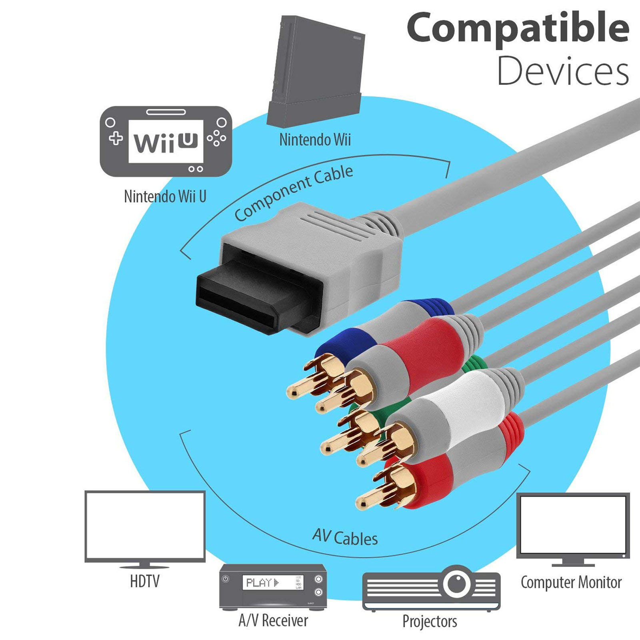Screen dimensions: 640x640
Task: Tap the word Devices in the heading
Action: tap(563, 71)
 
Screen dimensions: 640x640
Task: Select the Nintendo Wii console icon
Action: tap(316, 72)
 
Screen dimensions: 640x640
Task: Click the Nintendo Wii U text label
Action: tap(165, 196)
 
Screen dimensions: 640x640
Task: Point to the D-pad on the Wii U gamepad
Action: tap(116, 138)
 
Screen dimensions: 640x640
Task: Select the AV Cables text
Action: tap(345, 537)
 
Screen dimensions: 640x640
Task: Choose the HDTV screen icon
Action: tap(145, 526)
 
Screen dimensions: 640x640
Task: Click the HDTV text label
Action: tap(145, 581)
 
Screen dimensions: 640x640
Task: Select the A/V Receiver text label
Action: tap(273, 620)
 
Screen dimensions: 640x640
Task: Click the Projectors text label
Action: tap(430, 621)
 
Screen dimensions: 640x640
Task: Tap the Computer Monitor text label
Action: tap(571, 582)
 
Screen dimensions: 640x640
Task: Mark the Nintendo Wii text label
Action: tap(315, 140)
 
